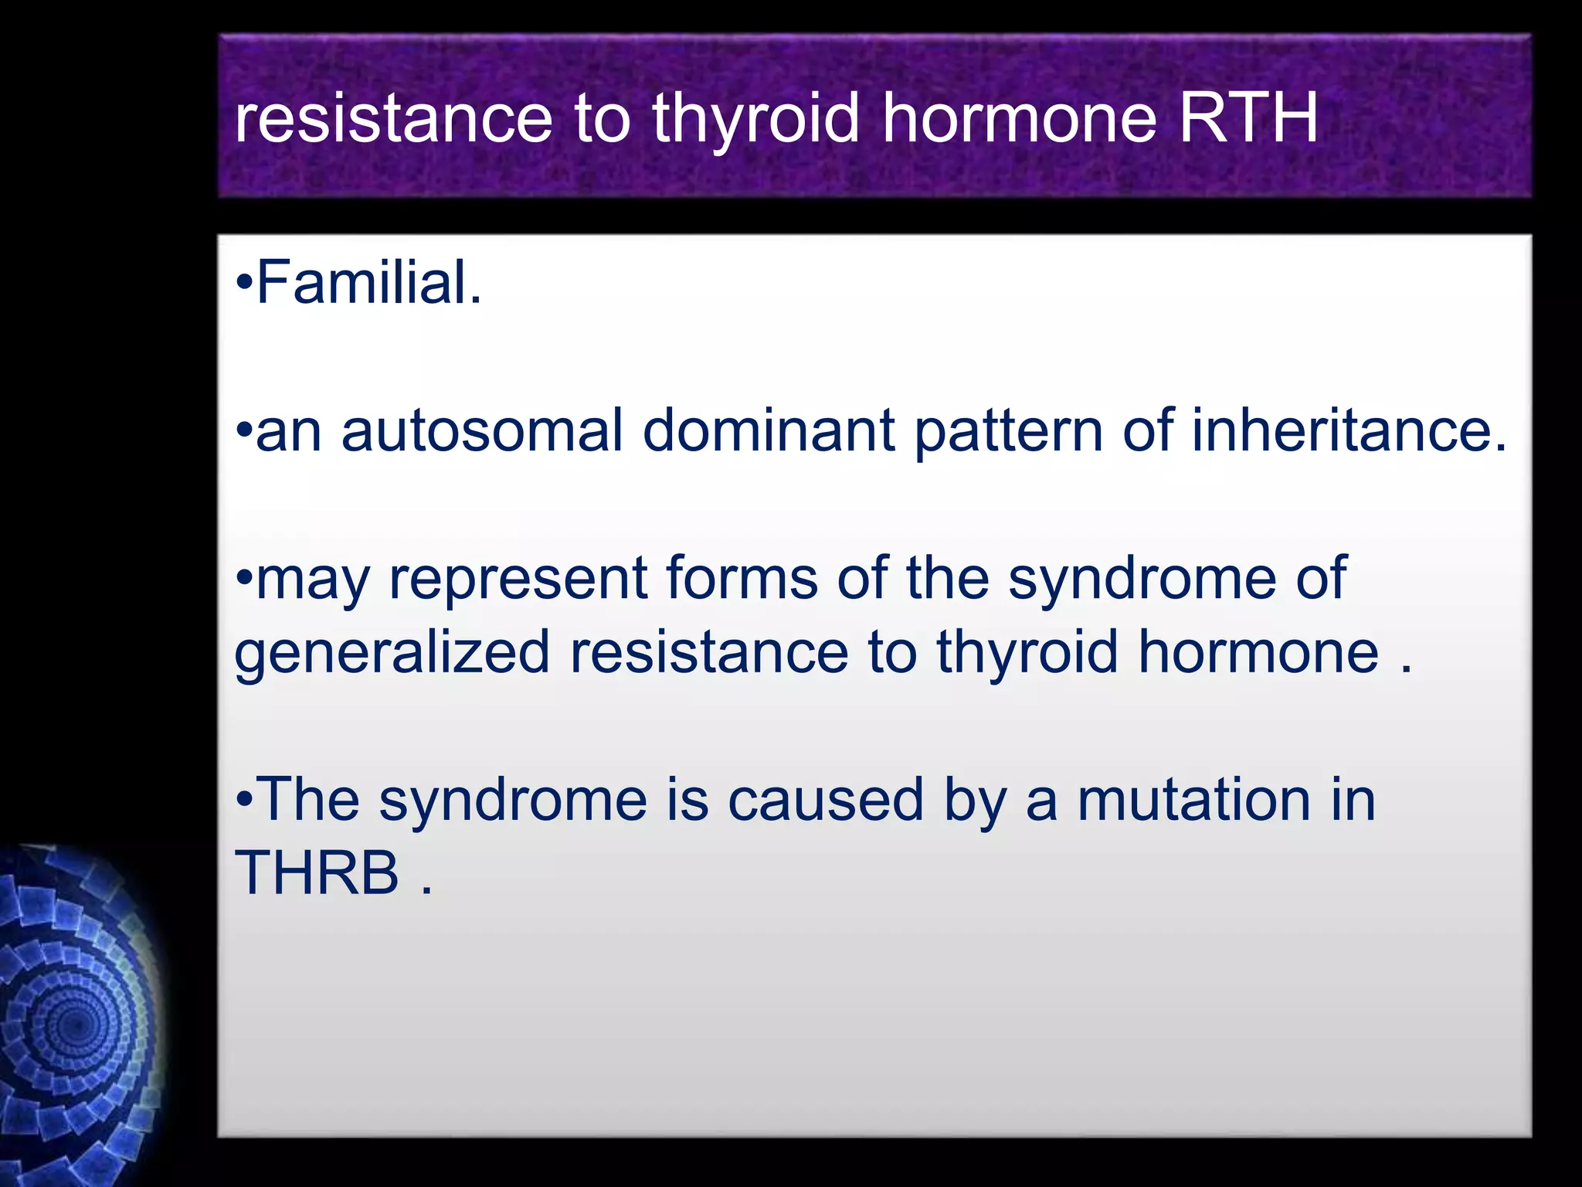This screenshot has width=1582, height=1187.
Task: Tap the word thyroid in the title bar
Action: point(755,120)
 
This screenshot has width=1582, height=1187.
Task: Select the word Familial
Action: point(368,283)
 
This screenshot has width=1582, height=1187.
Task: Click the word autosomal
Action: point(482,430)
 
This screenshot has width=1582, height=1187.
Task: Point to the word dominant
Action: point(769,430)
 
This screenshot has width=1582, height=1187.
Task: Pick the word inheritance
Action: point(1349,430)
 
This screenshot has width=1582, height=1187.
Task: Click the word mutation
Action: point(1194,800)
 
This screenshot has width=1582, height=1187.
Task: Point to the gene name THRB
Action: point(317,873)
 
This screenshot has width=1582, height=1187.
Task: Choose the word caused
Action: point(826,800)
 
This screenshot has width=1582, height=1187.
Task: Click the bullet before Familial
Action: point(243,284)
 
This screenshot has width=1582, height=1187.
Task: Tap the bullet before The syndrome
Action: point(243,800)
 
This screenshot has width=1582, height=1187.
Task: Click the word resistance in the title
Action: point(393,120)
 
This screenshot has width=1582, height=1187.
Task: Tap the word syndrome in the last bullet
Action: point(513,801)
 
